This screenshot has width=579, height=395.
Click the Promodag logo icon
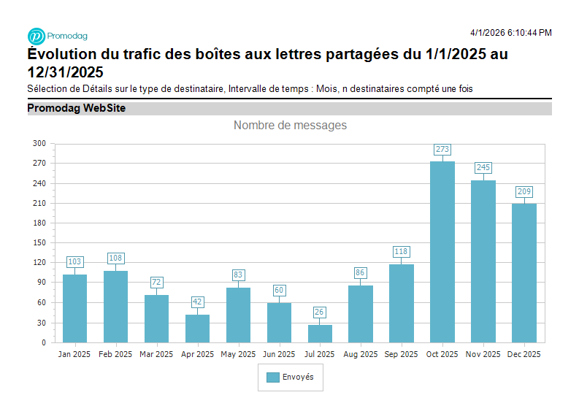(x=36, y=36)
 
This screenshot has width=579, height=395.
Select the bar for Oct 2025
(x=442, y=252)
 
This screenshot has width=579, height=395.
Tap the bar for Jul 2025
(x=320, y=334)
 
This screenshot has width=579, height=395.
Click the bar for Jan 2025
(x=74, y=308)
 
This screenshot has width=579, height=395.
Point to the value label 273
(x=442, y=150)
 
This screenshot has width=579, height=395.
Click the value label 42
(x=197, y=302)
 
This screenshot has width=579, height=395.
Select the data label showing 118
(x=401, y=252)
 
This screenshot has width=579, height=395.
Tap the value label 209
(x=524, y=192)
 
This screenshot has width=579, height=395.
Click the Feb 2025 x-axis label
(x=115, y=354)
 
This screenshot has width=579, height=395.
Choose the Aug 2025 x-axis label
(x=361, y=354)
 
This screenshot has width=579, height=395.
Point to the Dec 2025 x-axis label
(x=524, y=354)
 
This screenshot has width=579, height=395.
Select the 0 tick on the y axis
(x=43, y=342)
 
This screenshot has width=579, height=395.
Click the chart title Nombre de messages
(x=290, y=126)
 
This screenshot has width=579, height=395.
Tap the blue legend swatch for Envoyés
(x=272, y=377)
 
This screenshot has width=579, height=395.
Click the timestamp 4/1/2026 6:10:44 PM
(x=510, y=33)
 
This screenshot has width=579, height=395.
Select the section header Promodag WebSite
(x=77, y=109)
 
